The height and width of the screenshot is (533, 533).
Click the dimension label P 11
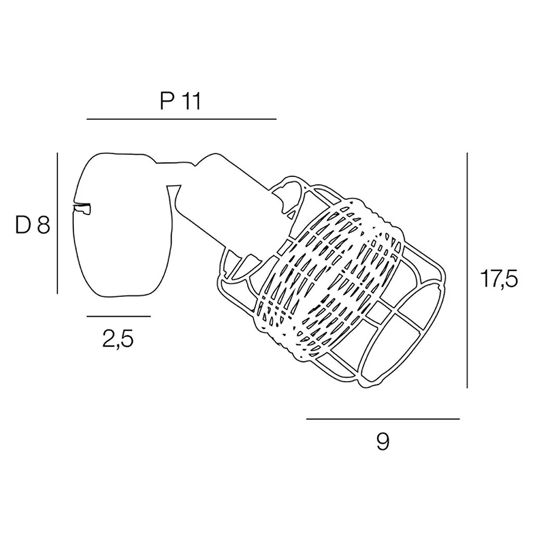click(x=180, y=101)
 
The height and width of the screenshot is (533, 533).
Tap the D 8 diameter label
click(x=32, y=225)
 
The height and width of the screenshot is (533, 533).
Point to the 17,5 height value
click(x=499, y=280)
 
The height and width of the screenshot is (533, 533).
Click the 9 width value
click(x=383, y=442)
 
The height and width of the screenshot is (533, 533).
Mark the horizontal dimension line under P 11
click(x=181, y=119)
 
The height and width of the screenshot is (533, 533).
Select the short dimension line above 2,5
click(x=119, y=316)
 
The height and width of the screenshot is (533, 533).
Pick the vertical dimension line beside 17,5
click(x=467, y=271)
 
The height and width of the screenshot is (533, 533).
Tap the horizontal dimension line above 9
click(x=383, y=418)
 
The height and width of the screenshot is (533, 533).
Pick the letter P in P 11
click(x=166, y=101)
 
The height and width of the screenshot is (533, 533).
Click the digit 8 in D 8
click(x=43, y=225)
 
